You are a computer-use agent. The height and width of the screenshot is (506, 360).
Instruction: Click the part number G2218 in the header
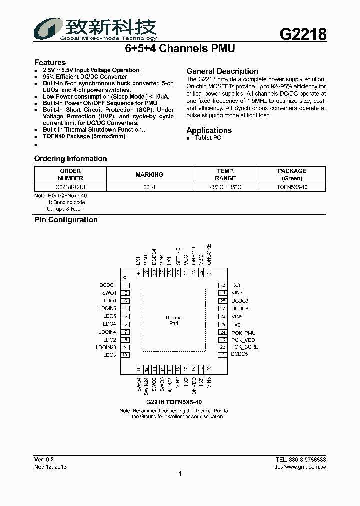point(303,34)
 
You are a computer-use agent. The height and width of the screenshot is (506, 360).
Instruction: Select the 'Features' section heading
point(50,62)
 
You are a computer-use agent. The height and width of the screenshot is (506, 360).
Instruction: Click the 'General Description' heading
point(222,71)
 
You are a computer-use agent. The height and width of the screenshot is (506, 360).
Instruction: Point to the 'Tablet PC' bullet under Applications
point(208,138)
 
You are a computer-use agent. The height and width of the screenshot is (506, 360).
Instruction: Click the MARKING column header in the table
point(149,175)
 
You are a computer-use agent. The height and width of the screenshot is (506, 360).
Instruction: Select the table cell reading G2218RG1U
point(70,187)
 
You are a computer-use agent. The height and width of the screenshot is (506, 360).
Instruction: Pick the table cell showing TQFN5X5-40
point(292,187)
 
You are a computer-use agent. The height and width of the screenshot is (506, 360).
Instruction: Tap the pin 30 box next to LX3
point(222,285)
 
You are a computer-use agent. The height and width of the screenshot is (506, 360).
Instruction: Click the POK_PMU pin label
point(243,333)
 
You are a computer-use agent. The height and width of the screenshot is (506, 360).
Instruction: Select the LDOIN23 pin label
point(106,347)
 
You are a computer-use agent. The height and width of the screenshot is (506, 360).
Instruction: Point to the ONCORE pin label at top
point(209,254)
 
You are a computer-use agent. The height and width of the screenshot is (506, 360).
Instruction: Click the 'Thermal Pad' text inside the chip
point(173,320)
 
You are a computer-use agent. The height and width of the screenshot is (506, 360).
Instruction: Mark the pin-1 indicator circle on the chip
point(125,277)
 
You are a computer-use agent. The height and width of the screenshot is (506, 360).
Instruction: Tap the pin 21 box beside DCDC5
point(222,355)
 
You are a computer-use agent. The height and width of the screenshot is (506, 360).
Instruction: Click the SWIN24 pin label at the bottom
point(146,386)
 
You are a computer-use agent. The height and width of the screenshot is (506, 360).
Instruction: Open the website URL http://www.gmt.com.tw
point(298,467)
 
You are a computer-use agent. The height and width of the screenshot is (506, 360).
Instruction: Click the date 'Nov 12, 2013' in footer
point(50,467)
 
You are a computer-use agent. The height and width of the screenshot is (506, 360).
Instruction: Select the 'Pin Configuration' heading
point(66,220)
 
